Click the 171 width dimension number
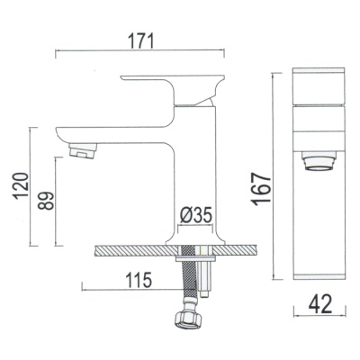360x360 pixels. [x=140, y=40]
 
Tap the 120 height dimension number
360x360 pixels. [x=21, y=185]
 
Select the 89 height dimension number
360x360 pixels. [x=46, y=201]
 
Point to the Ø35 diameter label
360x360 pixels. [x=196, y=215]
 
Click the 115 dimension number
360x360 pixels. [x=139, y=280]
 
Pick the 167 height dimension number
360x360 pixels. [x=261, y=189]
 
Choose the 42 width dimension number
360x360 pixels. [x=320, y=303]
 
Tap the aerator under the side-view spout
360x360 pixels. [x=83, y=150]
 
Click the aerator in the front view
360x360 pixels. [x=319, y=161]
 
